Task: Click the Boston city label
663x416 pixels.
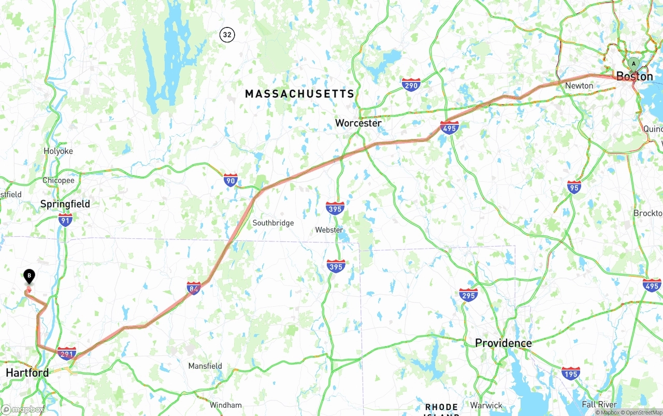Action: click(x=634, y=77)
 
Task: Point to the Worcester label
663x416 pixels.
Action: click(x=358, y=123)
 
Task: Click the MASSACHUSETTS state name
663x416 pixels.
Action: click(x=299, y=94)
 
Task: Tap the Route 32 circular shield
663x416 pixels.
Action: click(x=227, y=35)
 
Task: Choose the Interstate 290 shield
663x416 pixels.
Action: click(x=411, y=84)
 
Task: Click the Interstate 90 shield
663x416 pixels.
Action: click(x=230, y=180)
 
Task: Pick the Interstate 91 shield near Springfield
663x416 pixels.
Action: click(x=65, y=219)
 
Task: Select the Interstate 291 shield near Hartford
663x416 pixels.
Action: click(x=67, y=354)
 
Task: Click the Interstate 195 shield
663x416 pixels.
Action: click(x=570, y=373)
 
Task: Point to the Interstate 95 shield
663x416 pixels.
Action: click(x=574, y=187)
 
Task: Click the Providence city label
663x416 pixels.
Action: click(x=503, y=343)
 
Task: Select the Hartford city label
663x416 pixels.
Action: click(x=27, y=372)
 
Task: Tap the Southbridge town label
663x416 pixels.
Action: click(x=273, y=223)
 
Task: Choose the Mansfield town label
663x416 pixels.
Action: click(x=205, y=366)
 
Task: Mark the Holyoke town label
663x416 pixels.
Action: click(x=58, y=151)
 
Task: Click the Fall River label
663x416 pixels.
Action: click(x=599, y=404)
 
